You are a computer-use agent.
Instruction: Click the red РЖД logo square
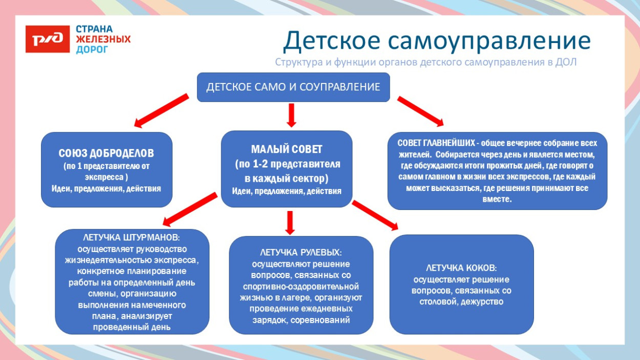(47, 39)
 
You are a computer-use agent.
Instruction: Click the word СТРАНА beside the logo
(94, 29)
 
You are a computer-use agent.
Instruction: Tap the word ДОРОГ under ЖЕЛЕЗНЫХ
(92, 50)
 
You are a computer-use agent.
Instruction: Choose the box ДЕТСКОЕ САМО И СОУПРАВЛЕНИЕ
(293, 87)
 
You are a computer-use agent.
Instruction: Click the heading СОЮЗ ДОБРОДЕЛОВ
(106, 154)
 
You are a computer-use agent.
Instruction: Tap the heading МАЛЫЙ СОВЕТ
(287, 150)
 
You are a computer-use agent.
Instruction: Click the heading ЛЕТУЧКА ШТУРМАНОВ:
(132, 238)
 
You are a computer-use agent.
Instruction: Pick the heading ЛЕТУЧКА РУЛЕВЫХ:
(301, 252)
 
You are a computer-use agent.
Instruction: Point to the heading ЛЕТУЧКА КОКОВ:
(461, 268)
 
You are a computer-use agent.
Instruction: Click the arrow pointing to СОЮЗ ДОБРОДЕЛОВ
(161, 110)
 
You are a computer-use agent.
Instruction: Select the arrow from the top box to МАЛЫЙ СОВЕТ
(291, 115)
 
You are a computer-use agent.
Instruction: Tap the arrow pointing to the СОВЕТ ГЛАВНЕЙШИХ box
(420, 111)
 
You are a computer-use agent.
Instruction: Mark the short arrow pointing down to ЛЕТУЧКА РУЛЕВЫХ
(290, 222)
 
